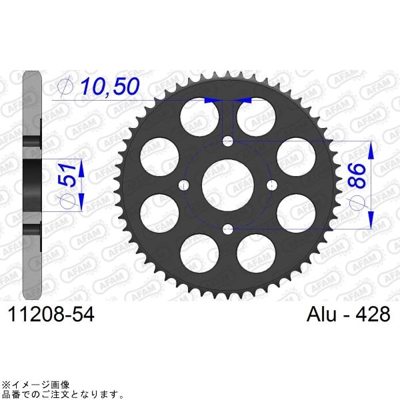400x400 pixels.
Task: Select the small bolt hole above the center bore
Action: pos(228,141)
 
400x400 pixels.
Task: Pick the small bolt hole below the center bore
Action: pos(228,229)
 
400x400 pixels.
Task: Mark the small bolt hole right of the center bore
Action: pos(272,185)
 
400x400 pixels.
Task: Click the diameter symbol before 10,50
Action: pos(65,86)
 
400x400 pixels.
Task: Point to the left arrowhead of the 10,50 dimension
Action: pos(211,99)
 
